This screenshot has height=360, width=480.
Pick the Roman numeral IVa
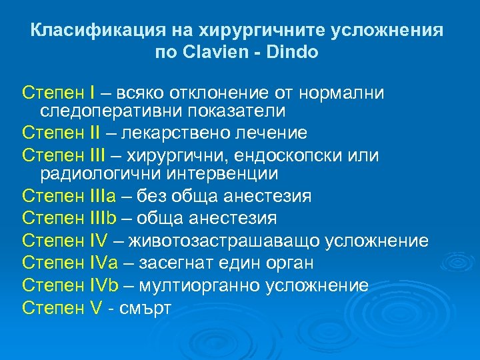pyautogui.click(x=104, y=262)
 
